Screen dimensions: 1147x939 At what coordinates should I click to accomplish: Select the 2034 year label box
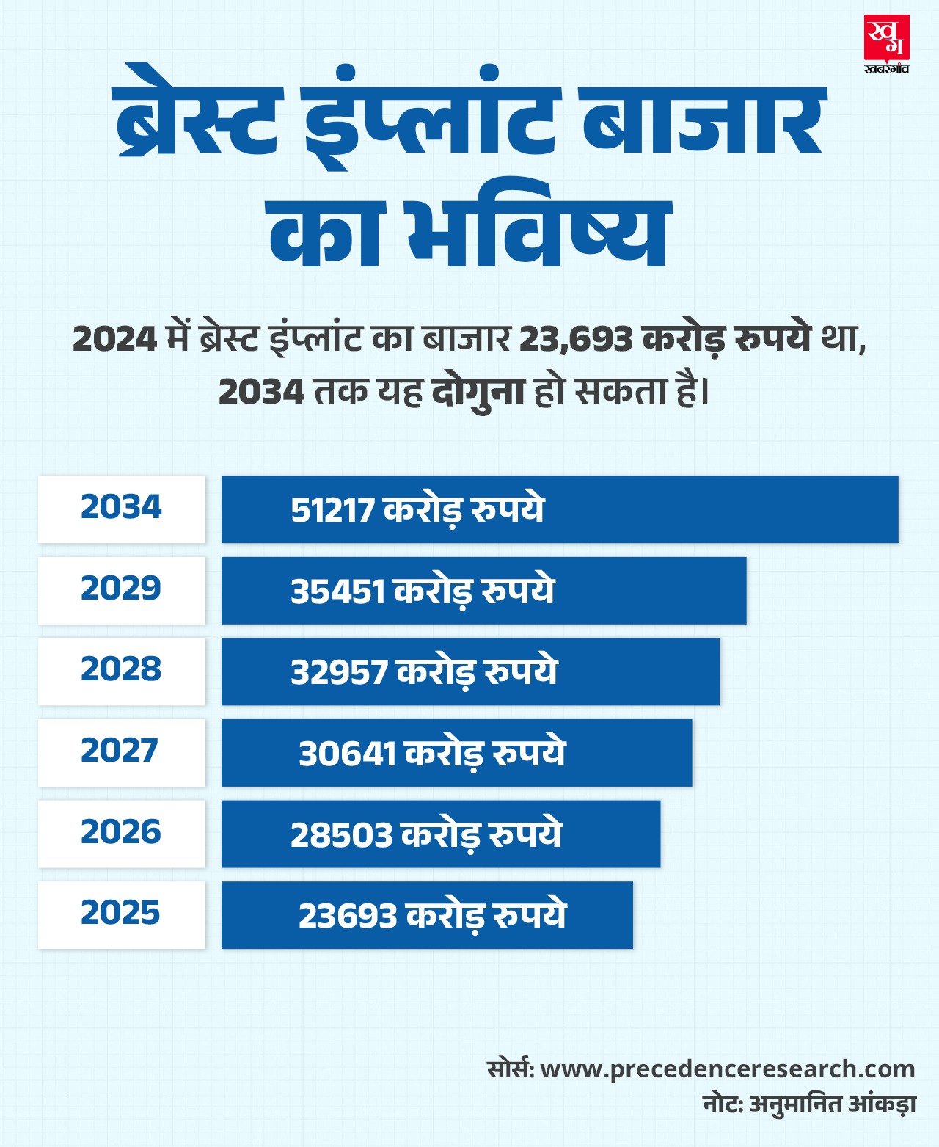[x=121, y=509]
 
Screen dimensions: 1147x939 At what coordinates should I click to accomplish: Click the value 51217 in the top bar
[x=332, y=511]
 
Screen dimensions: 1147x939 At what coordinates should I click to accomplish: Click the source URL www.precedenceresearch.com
[x=727, y=1068]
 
